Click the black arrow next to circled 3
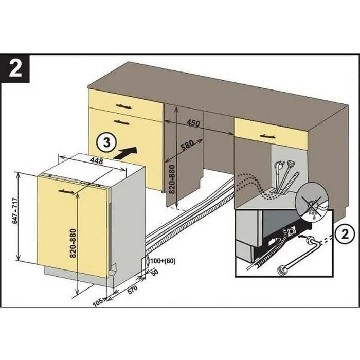point(127,152)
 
